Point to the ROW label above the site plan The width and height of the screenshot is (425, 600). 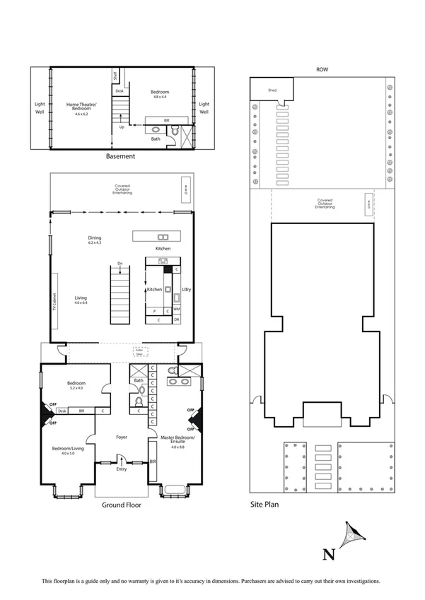(322, 70)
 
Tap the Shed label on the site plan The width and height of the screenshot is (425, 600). (271, 90)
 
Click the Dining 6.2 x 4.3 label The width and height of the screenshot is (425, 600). (95, 240)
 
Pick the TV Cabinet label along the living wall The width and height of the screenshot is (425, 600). (54, 300)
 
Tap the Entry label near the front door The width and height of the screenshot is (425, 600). (122, 469)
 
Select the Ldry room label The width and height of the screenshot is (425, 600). (187, 290)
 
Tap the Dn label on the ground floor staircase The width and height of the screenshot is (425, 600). (121, 263)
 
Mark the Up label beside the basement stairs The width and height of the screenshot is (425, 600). (122, 127)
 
